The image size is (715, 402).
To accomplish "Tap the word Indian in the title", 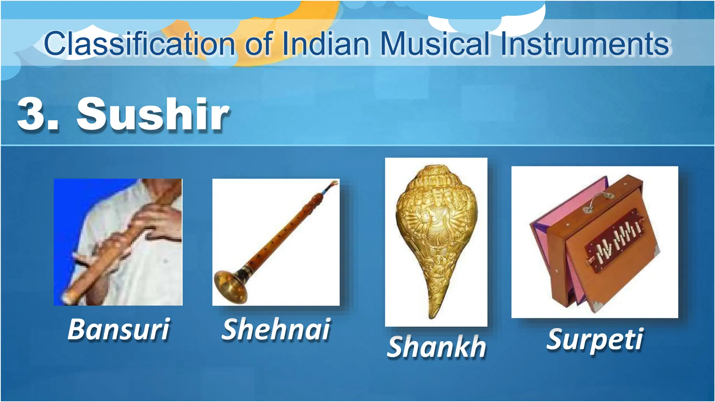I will click(325, 44).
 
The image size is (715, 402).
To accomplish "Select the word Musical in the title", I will click(435, 44).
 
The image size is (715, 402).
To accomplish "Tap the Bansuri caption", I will click(119, 329).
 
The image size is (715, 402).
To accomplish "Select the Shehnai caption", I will click(276, 329).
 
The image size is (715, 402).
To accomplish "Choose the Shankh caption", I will click(436, 347).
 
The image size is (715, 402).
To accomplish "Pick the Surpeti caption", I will click(595, 339).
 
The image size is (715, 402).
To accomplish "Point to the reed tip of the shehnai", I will click(334, 183).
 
